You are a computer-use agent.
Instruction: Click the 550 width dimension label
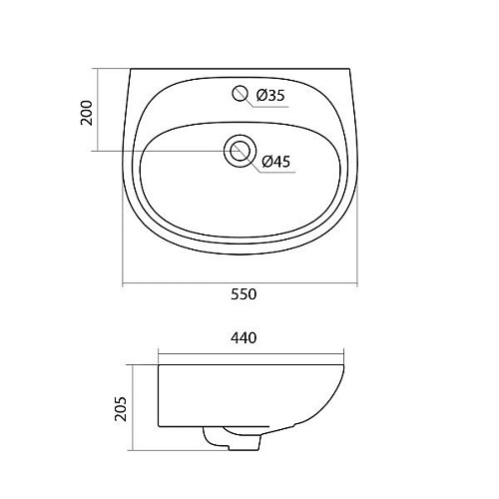coord(244,294)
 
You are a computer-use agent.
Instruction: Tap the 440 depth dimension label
coord(244,338)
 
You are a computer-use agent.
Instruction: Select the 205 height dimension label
coord(121,409)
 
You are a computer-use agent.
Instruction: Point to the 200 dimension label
coord(87,113)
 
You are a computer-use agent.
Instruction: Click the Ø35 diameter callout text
coord(270,96)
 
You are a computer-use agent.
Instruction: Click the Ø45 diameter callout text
coord(276,162)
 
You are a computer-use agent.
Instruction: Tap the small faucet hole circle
coord(240,93)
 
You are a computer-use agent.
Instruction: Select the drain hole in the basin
coord(240,151)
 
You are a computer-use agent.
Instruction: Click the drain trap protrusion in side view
coord(232,439)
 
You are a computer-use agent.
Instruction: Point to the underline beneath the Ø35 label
coord(269,107)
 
